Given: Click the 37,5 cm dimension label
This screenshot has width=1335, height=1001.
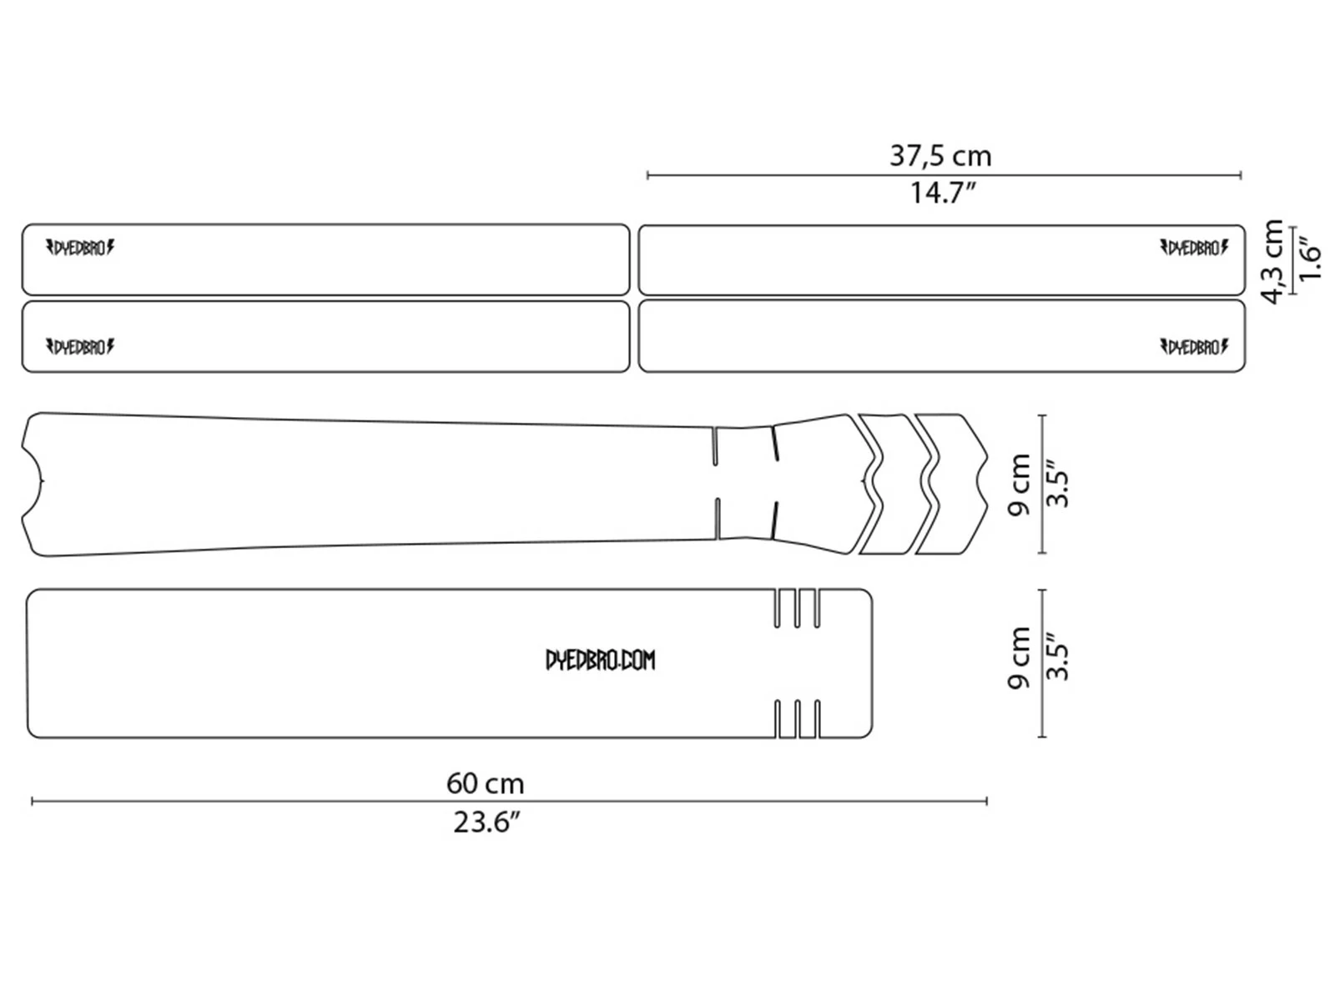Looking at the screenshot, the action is [x=940, y=156].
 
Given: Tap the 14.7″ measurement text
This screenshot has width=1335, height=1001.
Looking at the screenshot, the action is [x=942, y=194].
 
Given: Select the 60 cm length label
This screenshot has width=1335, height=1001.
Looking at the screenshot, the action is [x=485, y=783].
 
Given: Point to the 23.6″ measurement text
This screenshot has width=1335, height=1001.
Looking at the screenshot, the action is [x=487, y=823].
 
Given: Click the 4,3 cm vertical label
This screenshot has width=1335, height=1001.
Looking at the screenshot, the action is [x=1272, y=261].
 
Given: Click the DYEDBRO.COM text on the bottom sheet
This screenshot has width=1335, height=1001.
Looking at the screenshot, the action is [x=600, y=661].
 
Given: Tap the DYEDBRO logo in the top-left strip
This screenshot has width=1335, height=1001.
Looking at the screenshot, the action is [x=80, y=248].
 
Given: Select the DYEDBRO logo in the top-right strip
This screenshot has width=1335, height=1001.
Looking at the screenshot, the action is [x=1194, y=248].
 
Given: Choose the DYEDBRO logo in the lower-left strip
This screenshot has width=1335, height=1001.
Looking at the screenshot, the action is [x=80, y=347].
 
